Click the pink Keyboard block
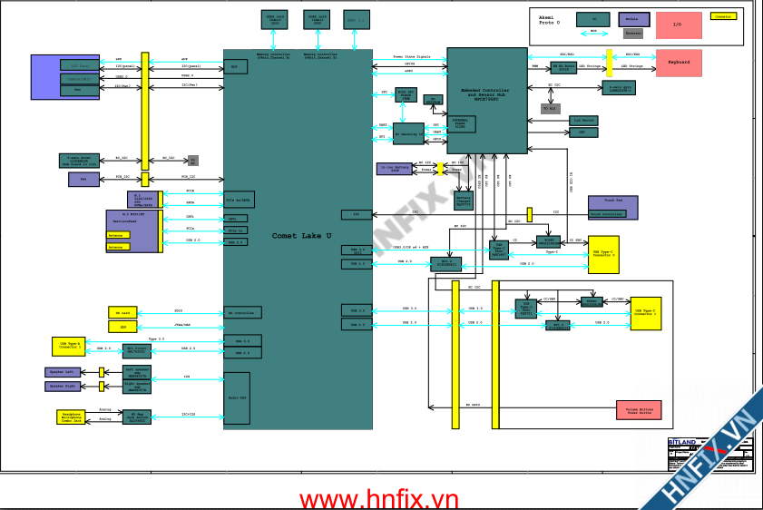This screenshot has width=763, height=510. click(679, 63)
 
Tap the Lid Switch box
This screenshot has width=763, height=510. click(582, 120)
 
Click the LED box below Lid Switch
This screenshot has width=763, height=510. click(582, 132)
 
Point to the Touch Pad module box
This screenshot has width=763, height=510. click(613, 208)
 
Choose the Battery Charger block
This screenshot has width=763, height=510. click(463, 199)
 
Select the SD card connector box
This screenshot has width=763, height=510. click(122, 312)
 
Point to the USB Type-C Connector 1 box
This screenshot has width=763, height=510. click(651, 313)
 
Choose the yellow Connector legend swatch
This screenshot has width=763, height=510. click(724, 16)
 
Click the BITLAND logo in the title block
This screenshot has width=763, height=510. click(683, 444)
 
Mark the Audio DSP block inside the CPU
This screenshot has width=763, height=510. click(237, 397)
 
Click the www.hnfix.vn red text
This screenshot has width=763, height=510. click(380, 498)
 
